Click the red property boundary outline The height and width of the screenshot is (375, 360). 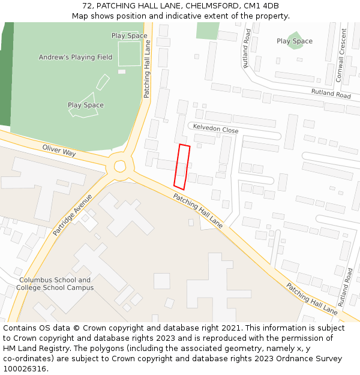[x=182, y=166]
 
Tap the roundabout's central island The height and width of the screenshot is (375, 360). [x=120, y=166]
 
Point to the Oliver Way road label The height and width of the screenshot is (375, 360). [x=59, y=150]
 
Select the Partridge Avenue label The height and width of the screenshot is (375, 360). [x=73, y=214]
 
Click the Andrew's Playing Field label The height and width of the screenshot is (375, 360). [x=76, y=57]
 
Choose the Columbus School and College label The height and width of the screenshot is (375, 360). [x=55, y=284]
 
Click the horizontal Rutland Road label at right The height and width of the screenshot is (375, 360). [x=331, y=93]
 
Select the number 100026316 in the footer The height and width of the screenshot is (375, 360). [x=26, y=368]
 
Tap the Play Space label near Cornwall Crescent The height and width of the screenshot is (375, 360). [x=295, y=41]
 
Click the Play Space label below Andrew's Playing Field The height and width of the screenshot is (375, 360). [x=86, y=105]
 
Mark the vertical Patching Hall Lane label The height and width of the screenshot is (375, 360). [x=147, y=73]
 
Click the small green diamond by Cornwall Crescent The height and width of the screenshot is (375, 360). [x=294, y=40]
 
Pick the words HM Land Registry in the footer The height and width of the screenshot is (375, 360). [x=30, y=348]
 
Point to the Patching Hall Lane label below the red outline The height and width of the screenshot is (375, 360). [x=198, y=211]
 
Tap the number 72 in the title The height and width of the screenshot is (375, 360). [x=86, y=6]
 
